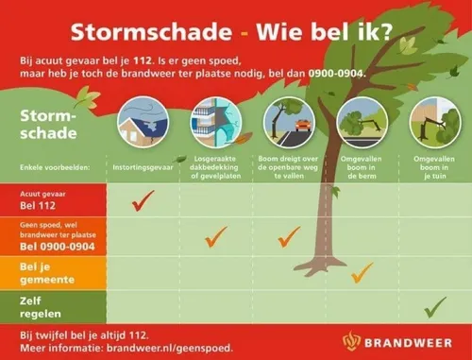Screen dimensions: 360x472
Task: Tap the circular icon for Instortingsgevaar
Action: pyautogui.click(x=143, y=121)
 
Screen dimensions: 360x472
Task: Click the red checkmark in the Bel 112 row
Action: pyautogui.click(x=143, y=199)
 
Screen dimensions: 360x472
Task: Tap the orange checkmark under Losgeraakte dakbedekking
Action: pyautogui.click(x=216, y=235)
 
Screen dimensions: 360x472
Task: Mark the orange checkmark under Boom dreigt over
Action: pyautogui.click(x=289, y=235)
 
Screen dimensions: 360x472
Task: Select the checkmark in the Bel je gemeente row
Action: pyautogui.click(x=361, y=273)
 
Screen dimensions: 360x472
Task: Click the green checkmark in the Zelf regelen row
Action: pyautogui.click(x=434, y=306)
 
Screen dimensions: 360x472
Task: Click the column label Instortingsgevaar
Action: pyautogui.click(x=143, y=164)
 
